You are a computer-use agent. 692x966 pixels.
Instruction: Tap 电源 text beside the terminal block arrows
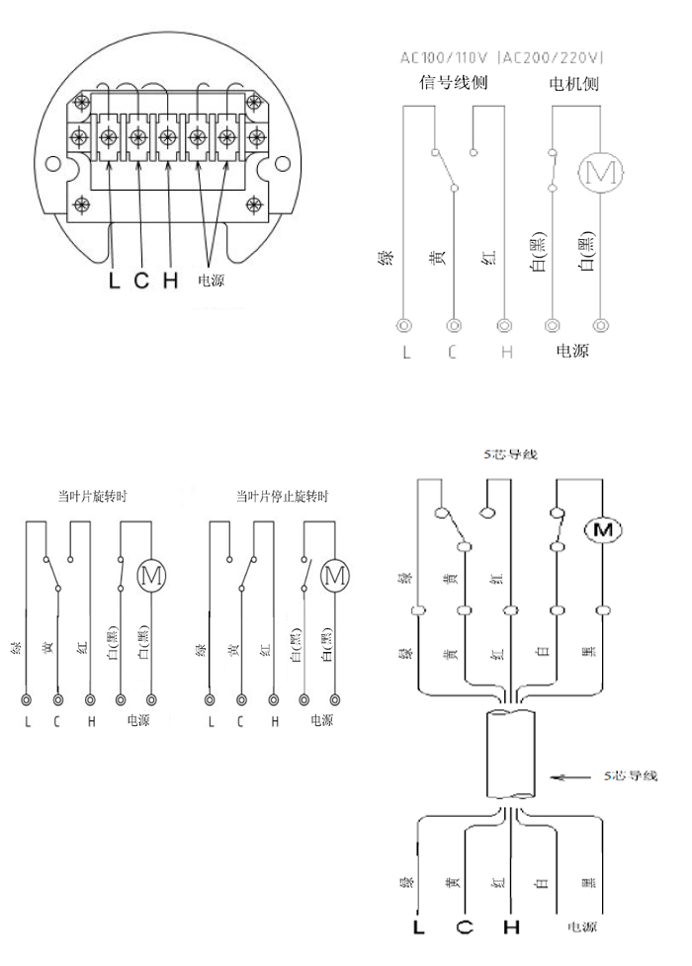click(x=212, y=281)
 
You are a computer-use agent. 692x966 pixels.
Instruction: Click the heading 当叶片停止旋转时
click(x=282, y=497)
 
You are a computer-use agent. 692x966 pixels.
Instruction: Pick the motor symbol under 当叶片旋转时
click(x=151, y=572)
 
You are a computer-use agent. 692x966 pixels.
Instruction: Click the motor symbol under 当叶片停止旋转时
click(x=335, y=572)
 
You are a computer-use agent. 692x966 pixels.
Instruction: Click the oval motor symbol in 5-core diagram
click(x=601, y=530)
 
